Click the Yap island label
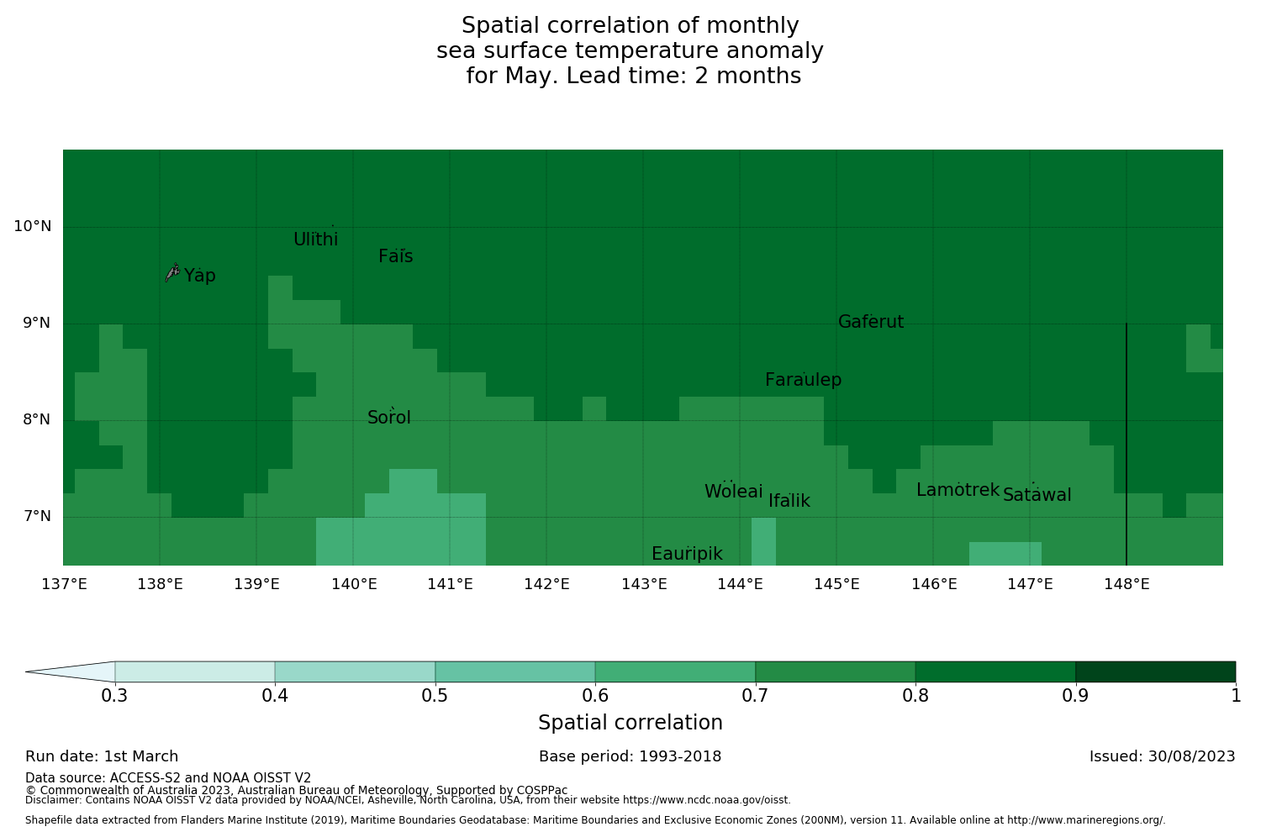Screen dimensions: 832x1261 click(x=200, y=276)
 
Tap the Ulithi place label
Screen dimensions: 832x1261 click(x=315, y=240)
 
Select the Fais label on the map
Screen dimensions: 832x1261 click(x=395, y=256)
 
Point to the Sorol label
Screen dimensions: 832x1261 click(x=389, y=418)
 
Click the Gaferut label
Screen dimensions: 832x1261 click(x=871, y=322)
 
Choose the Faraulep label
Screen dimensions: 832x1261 click(x=803, y=380)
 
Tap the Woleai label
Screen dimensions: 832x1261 click(x=733, y=492)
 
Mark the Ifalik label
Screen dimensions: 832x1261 click(x=789, y=501)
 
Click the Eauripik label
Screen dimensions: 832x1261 click(x=687, y=554)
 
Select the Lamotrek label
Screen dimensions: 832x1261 click(x=958, y=490)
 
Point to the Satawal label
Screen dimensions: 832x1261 click(x=1037, y=495)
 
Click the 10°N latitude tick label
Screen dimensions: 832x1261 click(x=32, y=226)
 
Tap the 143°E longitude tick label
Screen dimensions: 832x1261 click(x=644, y=583)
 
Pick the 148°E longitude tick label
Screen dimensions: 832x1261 click(x=1126, y=583)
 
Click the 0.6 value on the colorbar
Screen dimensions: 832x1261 click(x=595, y=695)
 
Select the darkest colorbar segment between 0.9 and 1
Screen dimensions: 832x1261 click(x=1155, y=671)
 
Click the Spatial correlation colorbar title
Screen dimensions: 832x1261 click(x=630, y=723)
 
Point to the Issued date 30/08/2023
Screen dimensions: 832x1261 click(x=1162, y=756)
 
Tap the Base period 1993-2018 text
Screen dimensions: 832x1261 click(x=630, y=756)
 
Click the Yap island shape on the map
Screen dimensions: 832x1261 click(x=172, y=271)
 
